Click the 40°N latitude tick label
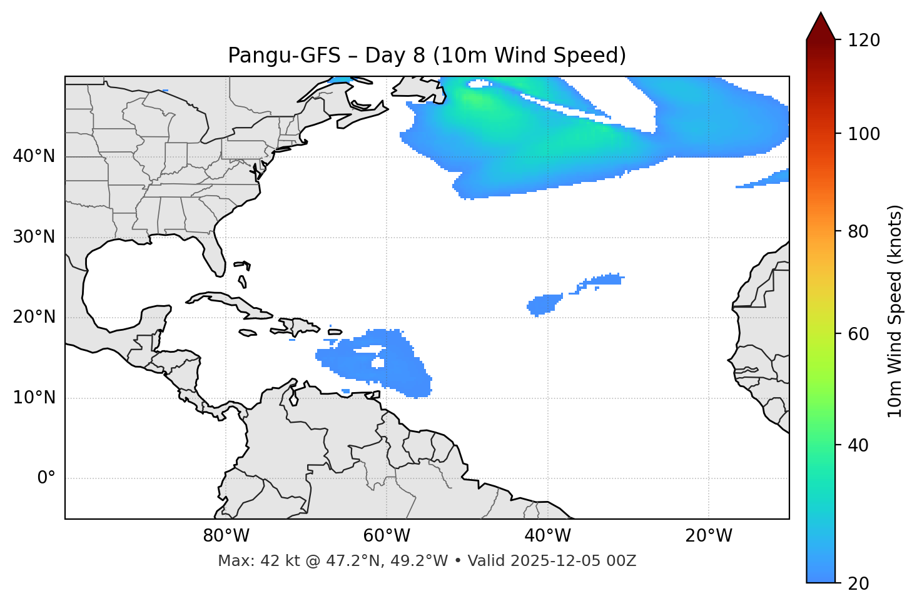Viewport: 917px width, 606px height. coord(34,156)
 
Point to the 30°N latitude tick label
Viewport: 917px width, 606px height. coord(34,237)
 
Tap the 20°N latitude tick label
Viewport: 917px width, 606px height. coord(34,317)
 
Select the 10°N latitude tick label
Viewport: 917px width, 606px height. coord(34,398)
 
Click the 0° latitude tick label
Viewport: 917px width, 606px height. coord(46,478)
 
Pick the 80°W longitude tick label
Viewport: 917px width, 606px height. coord(226,536)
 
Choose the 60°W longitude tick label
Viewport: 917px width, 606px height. coord(387,536)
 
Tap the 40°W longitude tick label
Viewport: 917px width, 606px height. coord(547,536)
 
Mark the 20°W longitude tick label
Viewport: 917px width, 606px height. coord(708,536)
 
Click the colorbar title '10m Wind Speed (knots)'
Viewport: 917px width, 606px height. coord(895,311)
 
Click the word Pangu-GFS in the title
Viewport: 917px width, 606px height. coord(284,56)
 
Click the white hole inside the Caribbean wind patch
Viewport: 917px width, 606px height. coord(377,363)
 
